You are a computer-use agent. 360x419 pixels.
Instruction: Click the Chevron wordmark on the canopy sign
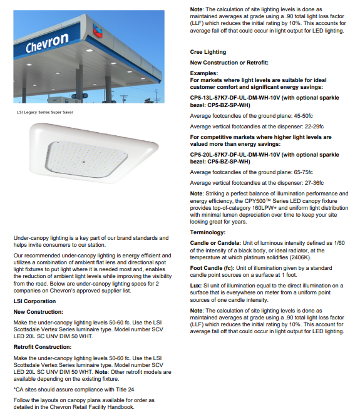pyautogui.click(x=48, y=44)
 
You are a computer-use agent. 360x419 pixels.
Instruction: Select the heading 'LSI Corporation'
pyautogui.click(x=34, y=301)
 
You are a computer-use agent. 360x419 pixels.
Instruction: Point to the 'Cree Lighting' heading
pyautogui.click(x=208, y=52)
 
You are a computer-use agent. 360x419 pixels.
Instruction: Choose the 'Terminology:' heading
pyautogui.click(x=208, y=233)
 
